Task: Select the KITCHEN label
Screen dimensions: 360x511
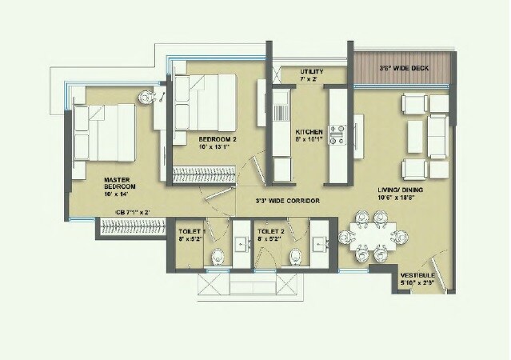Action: [308, 131]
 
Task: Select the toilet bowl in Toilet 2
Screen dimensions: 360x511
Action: [296, 256]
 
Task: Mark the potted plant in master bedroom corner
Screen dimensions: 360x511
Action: [147, 96]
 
